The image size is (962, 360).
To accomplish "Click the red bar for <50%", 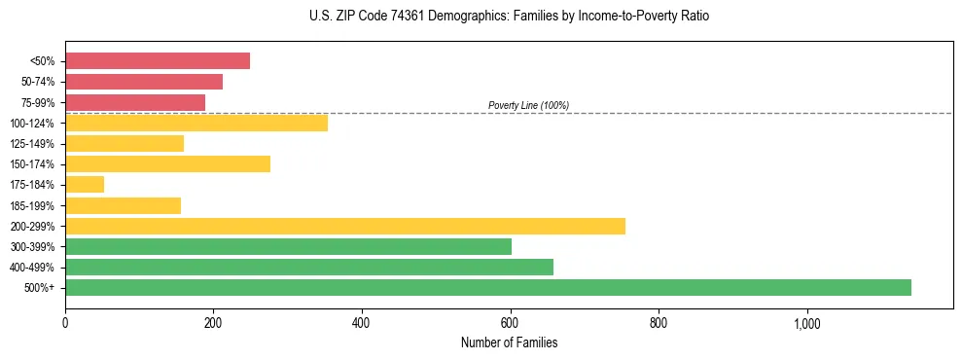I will point(158,61).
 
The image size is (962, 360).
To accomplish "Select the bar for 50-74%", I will point(144,82).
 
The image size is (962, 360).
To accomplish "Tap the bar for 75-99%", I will point(135,102).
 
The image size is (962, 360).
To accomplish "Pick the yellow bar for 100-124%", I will point(196,123).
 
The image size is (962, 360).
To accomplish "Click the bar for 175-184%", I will point(85,185).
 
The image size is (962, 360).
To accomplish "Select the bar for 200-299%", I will point(345,226).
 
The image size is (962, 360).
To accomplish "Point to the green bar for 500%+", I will point(488,287).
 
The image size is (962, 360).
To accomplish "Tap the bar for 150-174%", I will point(167,163).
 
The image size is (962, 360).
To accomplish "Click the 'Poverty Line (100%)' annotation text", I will point(528,105).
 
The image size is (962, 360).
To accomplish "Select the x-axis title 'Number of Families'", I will point(509,343).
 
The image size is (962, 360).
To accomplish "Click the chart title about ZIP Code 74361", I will point(509,17).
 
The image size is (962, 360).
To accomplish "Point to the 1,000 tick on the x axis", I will point(807,323).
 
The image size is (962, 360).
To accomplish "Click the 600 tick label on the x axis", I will point(510,323).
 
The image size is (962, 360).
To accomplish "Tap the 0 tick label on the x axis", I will point(65,323).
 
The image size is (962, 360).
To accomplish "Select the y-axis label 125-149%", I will point(32,144).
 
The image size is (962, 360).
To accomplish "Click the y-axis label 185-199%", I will point(32,205).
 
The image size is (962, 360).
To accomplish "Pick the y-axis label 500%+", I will point(38,288).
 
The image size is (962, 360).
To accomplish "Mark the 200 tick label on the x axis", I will point(213,323).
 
